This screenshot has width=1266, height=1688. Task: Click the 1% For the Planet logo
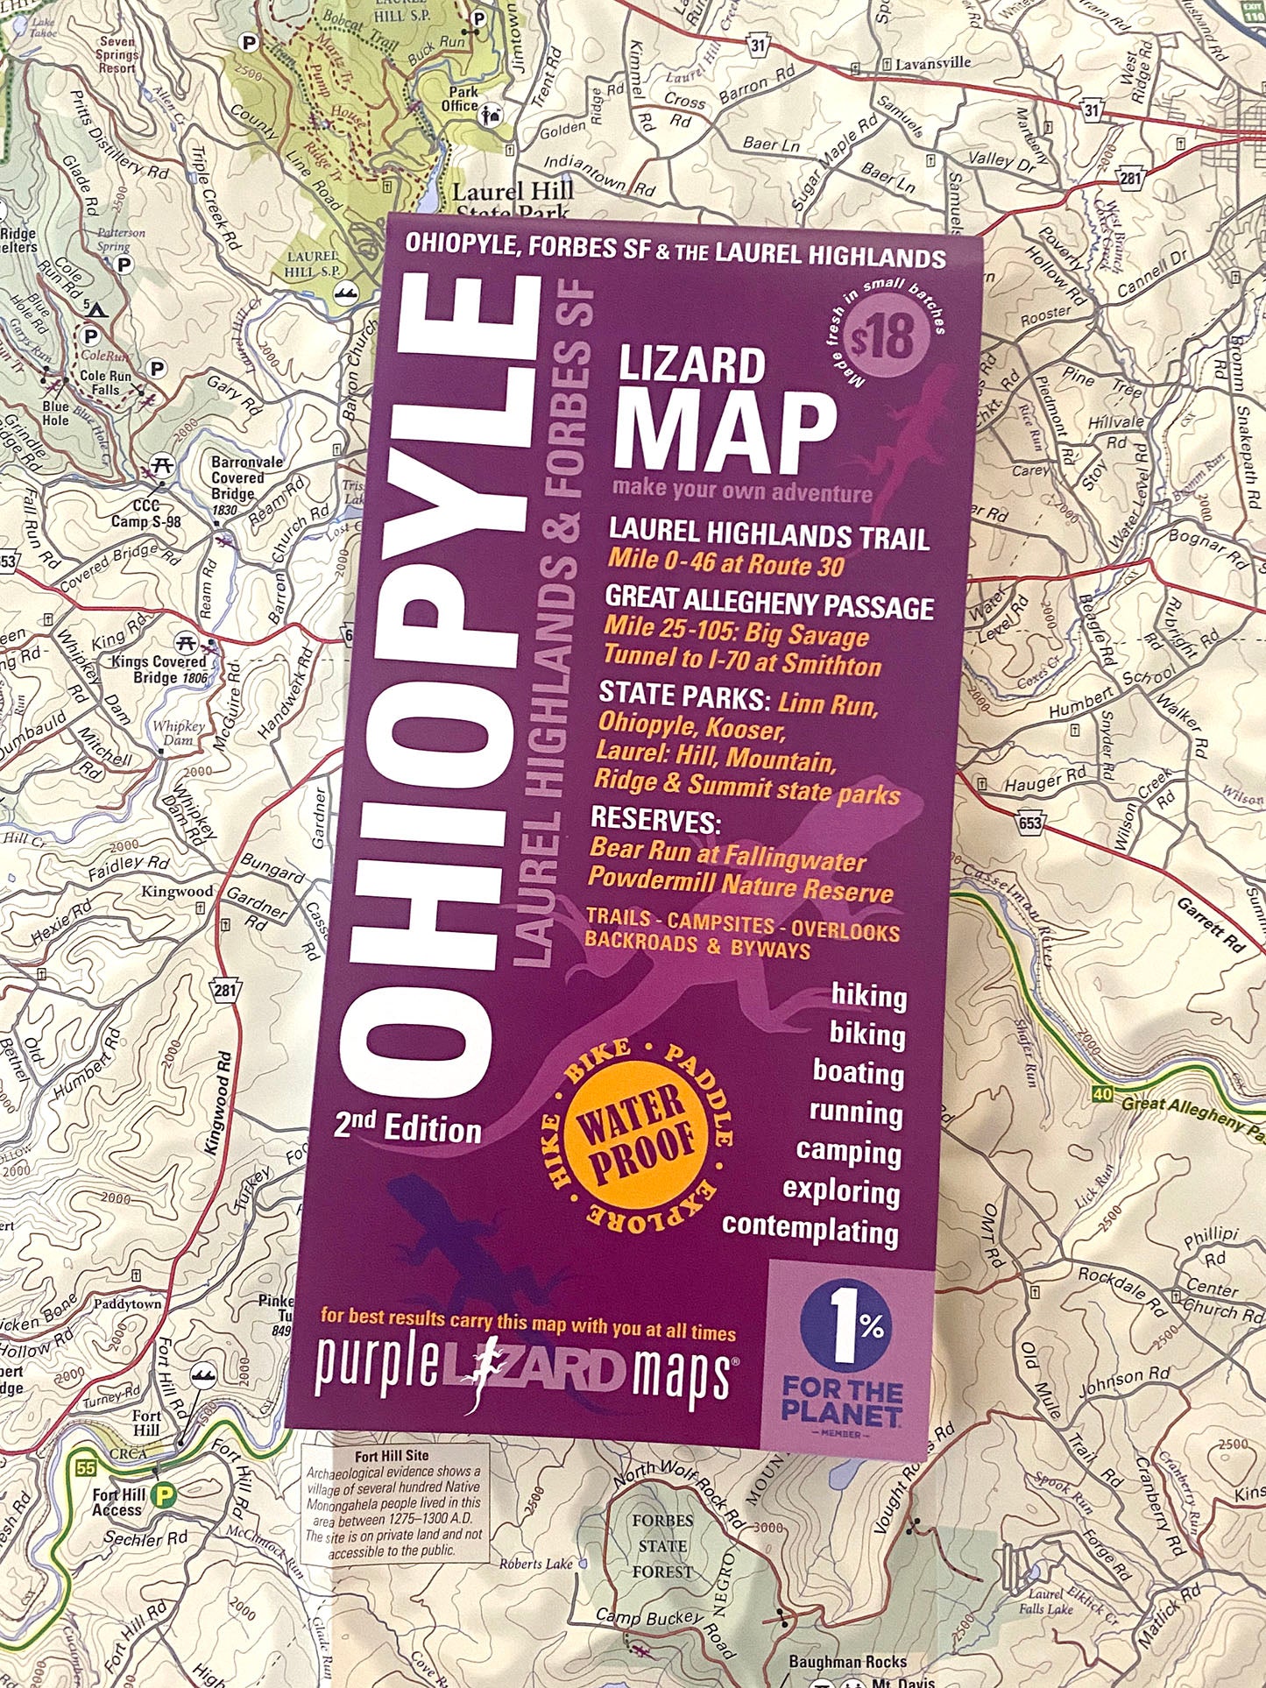(844, 1348)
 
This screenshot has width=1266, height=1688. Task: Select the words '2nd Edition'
(407, 1127)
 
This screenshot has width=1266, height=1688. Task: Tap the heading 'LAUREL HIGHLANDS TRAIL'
(768, 534)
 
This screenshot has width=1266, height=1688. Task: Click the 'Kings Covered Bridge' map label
(158, 669)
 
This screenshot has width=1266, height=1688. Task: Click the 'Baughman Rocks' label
(847, 1661)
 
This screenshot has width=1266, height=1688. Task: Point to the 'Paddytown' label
(127, 1303)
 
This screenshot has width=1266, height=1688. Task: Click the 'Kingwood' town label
(178, 892)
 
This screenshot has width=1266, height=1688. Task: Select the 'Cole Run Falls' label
(105, 382)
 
